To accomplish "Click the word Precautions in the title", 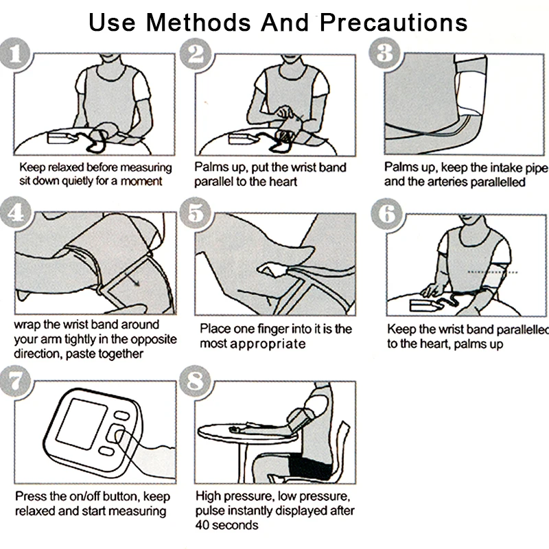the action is click(x=393, y=23).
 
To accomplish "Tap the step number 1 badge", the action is click(x=15, y=54).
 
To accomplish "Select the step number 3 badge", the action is click(x=384, y=53).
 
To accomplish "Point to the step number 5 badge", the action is click(x=195, y=213).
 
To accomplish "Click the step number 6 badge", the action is click(x=386, y=213).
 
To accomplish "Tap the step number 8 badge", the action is click(x=195, y=381).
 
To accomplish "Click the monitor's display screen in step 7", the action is click(x=82, y=423).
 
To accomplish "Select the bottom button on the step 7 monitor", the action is click(x=106, y=451).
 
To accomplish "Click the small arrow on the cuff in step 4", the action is click(x=133, y=279).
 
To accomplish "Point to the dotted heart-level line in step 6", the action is click(x=493, y=272).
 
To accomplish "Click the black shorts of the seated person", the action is click(x=309, y=467).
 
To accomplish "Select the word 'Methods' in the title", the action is click(x=198, y=23).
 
